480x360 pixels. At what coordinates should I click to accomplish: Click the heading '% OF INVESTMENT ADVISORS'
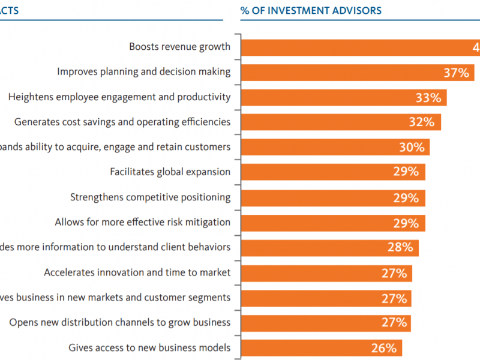pos(310,11)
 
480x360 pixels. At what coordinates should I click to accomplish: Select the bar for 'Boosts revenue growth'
pos(360,47)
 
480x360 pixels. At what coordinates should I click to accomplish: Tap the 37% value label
pos(456,72)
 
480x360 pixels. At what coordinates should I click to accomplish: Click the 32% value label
pos(421,122)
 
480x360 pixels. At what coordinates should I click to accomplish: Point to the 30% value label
pos(411,148)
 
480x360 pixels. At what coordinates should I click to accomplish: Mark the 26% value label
pos(383,348)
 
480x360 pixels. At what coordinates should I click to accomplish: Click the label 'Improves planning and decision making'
pos(143,71)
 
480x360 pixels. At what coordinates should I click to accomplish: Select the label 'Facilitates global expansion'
pos(170,172)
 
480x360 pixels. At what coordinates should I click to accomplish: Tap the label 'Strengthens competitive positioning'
pos(150,197)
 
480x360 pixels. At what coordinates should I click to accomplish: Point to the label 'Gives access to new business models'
pos(149,347)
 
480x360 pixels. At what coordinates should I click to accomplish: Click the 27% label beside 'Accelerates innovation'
pos(394,273)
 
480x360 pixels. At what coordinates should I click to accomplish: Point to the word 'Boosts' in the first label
pos(145,46)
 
